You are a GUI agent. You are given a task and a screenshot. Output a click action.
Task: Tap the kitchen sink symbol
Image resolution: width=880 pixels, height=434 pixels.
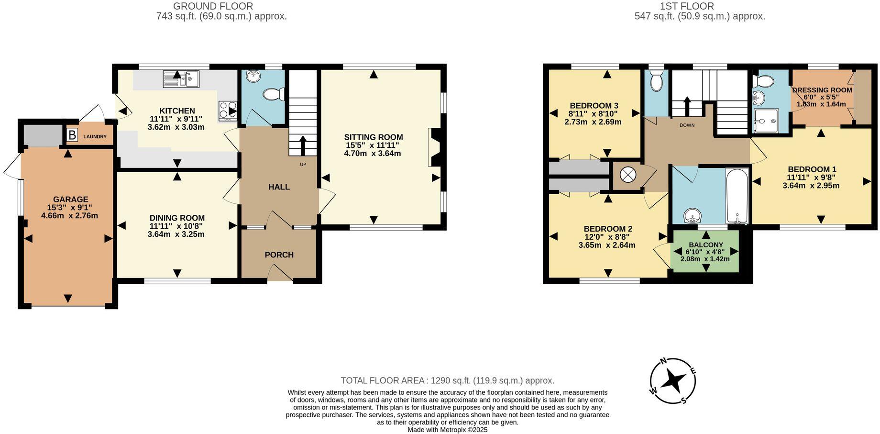coord(181,78)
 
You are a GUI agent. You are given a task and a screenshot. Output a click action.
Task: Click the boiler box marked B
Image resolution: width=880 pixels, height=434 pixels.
coord(72,135)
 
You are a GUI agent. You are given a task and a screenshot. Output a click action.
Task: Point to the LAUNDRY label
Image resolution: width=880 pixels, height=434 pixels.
coord(95,137)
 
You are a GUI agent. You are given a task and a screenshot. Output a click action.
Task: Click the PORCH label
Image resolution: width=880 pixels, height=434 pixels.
coord(279,255)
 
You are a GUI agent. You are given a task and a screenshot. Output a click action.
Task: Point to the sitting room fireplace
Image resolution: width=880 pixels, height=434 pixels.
coord(434,147)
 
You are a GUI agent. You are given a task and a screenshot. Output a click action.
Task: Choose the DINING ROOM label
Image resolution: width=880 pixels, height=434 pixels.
coord(177,218)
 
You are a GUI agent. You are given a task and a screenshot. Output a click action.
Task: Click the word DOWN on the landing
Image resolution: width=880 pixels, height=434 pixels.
coord(687,125)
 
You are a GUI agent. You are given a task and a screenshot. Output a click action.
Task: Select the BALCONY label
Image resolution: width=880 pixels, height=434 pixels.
coord(705,245)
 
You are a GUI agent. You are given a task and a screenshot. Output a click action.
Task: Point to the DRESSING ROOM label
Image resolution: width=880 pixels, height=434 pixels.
coord(822,90)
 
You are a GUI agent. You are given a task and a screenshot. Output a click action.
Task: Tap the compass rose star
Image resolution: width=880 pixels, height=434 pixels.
coord(673,381)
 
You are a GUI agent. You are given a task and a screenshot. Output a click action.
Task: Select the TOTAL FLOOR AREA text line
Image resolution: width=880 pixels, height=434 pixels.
coord(447,381)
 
